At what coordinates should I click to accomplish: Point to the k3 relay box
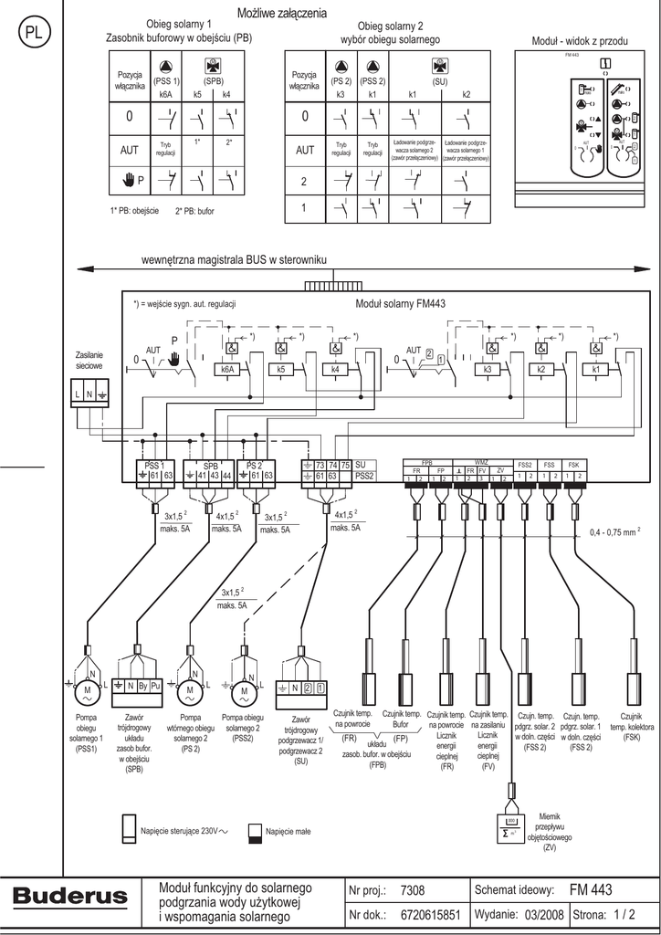tap(488, 369)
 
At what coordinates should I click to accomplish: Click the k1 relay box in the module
tap(596, 369)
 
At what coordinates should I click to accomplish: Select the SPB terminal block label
tap(210, 466)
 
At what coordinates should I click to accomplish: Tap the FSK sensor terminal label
tap(575, 465)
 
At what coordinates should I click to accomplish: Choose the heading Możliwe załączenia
tap(282, 13)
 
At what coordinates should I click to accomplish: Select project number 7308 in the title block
tap(413, 890)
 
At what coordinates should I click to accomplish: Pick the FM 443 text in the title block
tap(591, 889)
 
